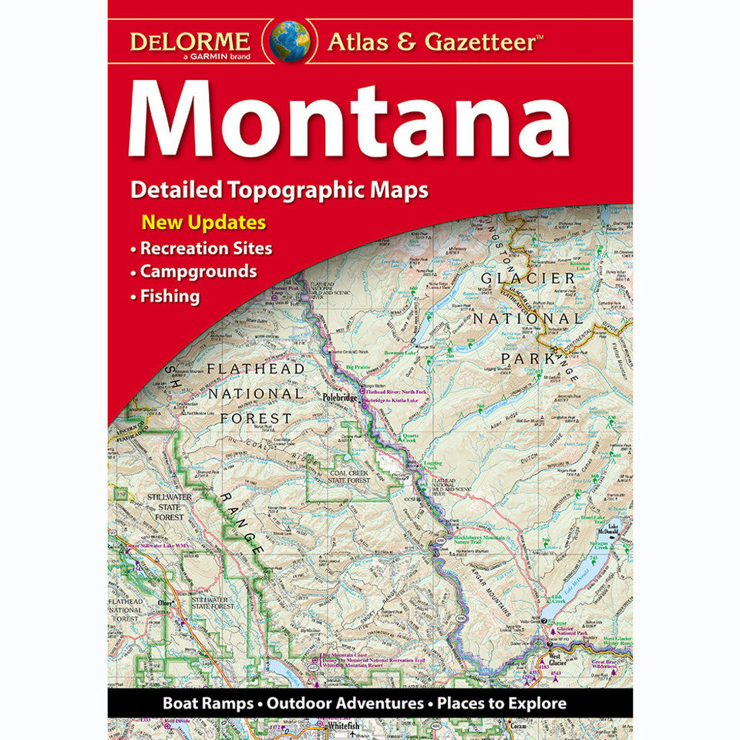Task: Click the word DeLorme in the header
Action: point(190,40)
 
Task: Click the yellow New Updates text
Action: point(203,224)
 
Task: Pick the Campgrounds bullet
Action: point(197,272)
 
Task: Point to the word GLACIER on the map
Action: point(527,278)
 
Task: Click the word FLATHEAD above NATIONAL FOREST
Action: point(255,369)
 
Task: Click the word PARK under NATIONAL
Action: point(528,358)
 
